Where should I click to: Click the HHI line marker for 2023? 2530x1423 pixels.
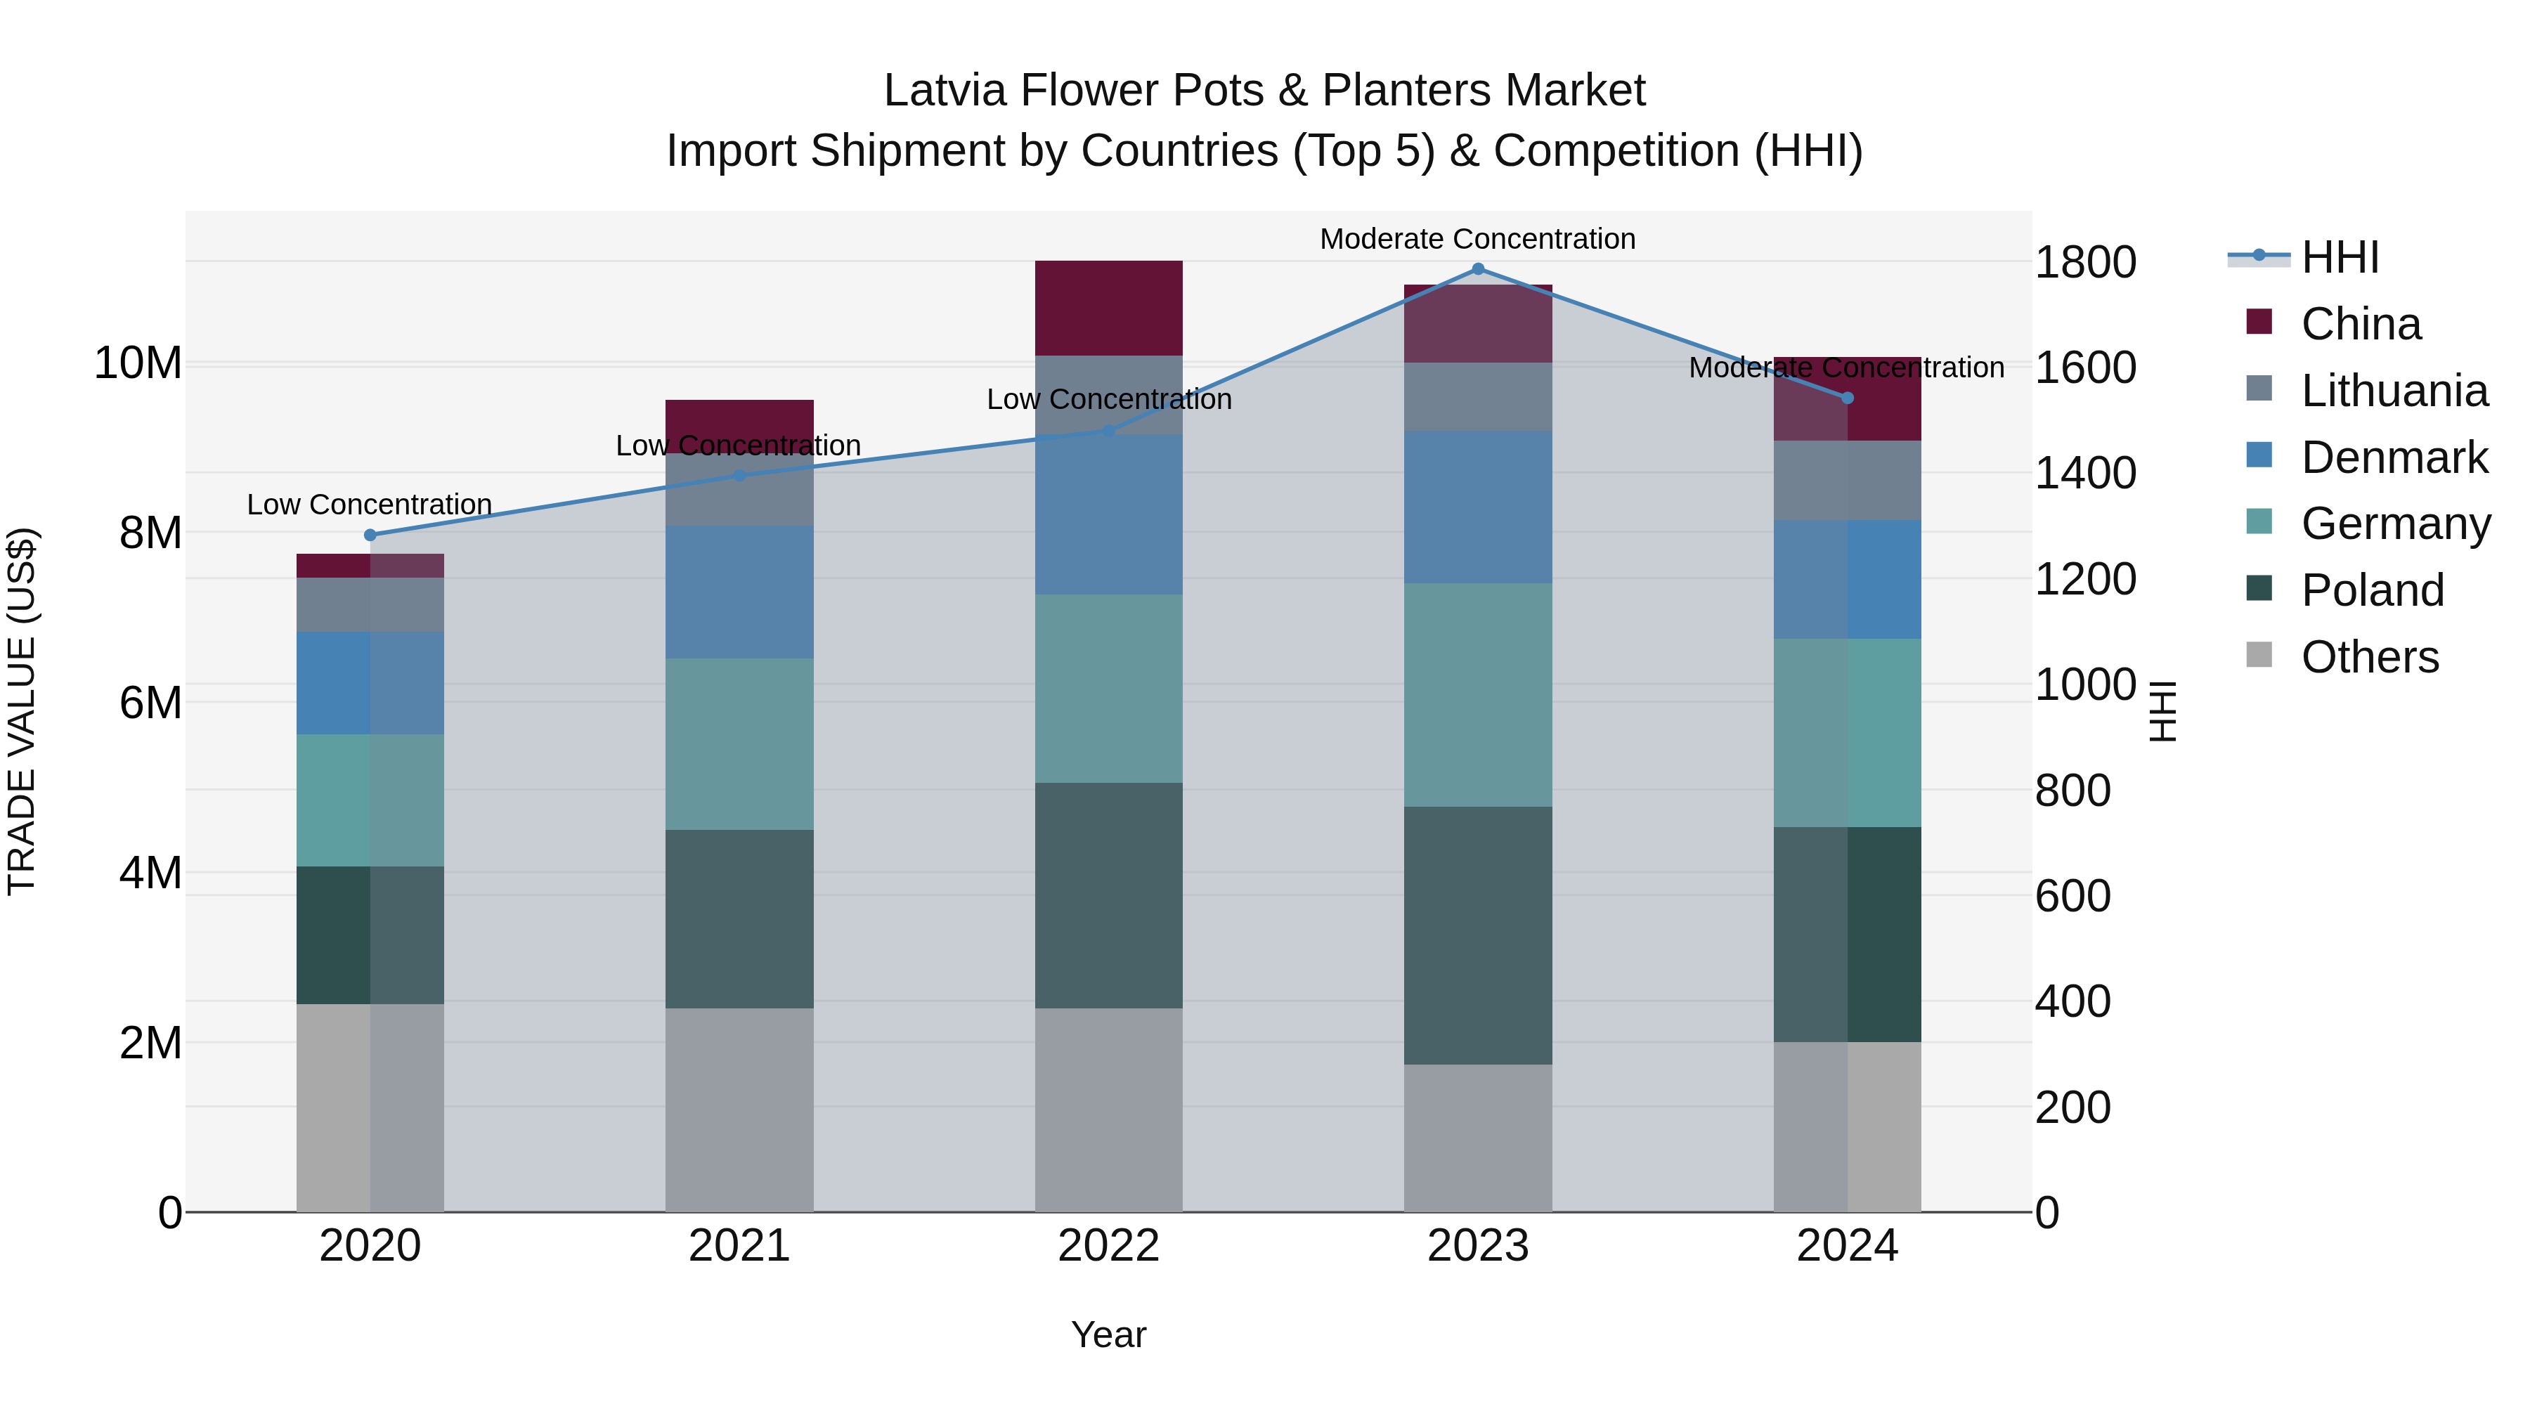click(x=1477, y=269)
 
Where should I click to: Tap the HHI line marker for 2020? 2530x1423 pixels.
click(x=370, y=535)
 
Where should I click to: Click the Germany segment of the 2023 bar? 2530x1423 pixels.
click(x=1477, y=695)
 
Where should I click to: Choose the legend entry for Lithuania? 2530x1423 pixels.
click(x=2394, y=391)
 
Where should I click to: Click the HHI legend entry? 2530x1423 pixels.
click(x=2340, y=257)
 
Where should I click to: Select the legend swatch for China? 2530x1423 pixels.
click(x=2259, y=322)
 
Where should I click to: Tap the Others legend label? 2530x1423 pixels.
click(x=2369, y=657)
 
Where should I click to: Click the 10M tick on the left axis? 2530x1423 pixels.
click(x=138, y=363)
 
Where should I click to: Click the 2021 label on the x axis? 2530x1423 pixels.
click(x=739, y=1246)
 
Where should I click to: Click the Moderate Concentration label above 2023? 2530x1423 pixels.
click(x=1477, y=239)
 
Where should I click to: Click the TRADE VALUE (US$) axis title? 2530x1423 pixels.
click(x=22, y=711)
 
